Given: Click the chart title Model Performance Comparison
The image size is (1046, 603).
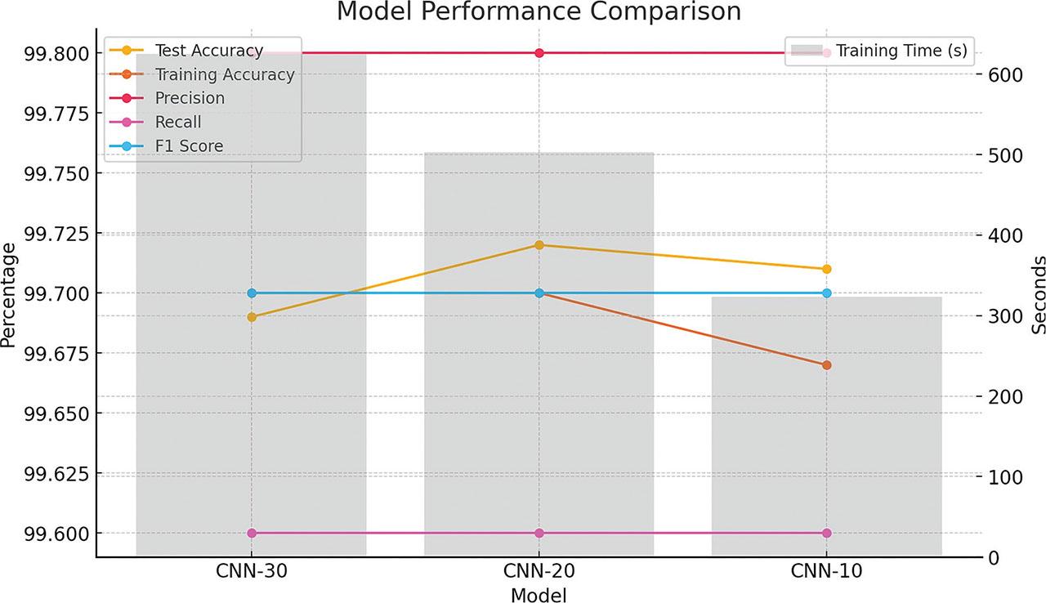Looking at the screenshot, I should pos(539,12).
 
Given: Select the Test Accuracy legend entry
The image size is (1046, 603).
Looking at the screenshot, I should pos(208,51).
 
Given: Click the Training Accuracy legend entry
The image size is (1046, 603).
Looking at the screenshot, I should pos(224,74).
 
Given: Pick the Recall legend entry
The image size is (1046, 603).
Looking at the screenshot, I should pos(178,122).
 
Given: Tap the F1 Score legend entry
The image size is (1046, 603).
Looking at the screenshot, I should pos(189,145).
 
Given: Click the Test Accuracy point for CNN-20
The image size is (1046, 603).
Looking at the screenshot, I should pos(539,245).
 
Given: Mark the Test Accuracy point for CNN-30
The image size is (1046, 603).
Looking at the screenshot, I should pos(252,317).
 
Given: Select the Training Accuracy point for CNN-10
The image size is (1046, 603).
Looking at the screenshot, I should pos(826,365).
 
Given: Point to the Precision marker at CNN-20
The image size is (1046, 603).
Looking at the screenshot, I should pos(539,53).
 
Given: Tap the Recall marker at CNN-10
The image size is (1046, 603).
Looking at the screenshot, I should pos(826,533).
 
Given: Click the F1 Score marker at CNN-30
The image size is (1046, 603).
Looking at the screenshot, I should pos(252,293).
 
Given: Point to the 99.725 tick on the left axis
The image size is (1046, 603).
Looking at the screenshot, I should pos(52,234).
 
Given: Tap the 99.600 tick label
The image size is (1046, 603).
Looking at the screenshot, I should pos(52,534).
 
